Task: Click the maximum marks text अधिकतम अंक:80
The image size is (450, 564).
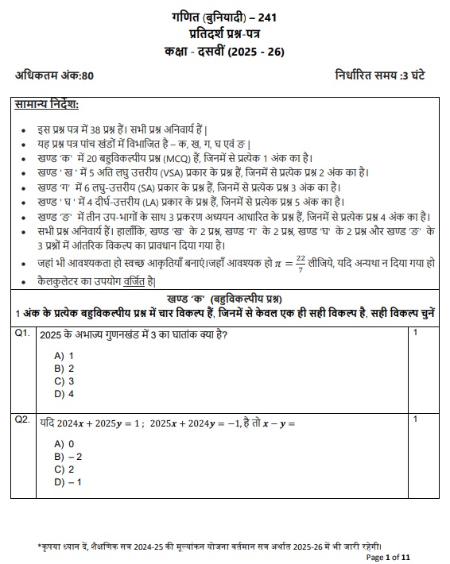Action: click(55, 75)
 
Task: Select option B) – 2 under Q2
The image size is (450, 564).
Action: click(68, 457)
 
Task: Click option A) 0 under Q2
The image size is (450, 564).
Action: click(64, 444)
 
